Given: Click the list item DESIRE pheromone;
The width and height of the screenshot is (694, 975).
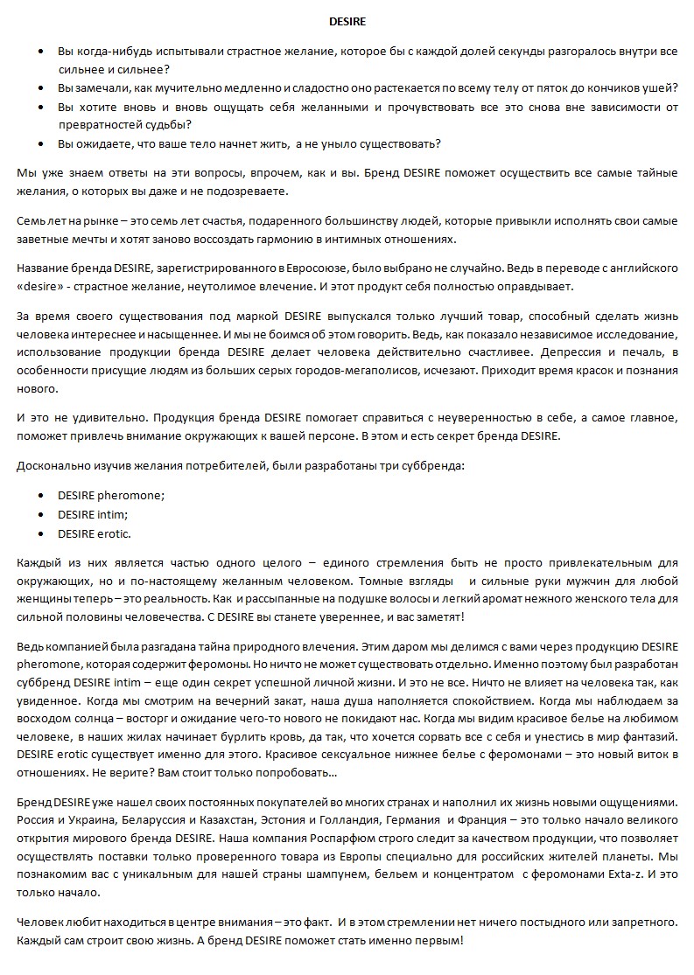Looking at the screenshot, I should pos(111,495).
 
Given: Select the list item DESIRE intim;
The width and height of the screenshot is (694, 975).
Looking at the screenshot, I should pos(93,514).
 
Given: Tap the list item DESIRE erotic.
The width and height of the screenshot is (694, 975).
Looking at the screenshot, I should pos(95,533).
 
